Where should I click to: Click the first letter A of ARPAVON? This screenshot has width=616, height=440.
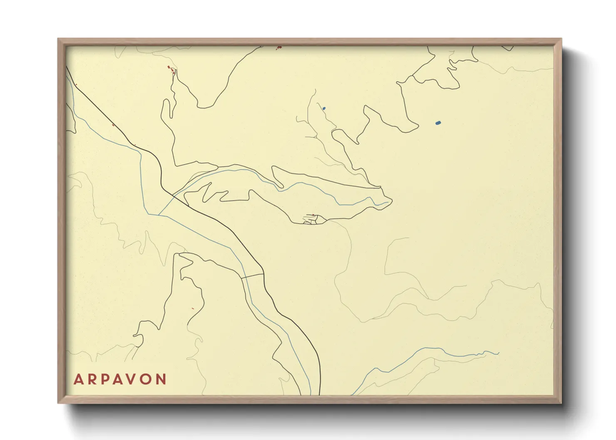click(x=78, y=379)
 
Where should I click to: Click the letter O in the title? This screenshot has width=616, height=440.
click(x=147, y=379)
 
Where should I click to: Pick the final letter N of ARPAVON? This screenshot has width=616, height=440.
click(x=161, y=379)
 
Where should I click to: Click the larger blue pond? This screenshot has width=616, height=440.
click(x=438, y=123)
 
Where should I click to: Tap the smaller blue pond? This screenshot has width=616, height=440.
click(x=324, y=109)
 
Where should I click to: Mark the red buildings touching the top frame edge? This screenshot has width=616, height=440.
click(x=279, y=48)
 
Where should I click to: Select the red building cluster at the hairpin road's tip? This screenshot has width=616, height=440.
click(x=171, y=69)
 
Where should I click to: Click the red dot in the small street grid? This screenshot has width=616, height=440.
click(x=313, y=215)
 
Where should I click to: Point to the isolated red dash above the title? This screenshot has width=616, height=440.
click(x=192, y=308)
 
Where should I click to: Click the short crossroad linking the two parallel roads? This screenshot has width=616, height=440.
click(x=252, y=275)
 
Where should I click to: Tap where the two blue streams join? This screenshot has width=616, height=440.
click(x=159, y=215)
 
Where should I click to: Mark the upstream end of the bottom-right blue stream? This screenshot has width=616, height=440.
click(x=498, y=354)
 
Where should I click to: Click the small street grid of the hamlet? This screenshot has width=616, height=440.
click(x=313, y=219)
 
